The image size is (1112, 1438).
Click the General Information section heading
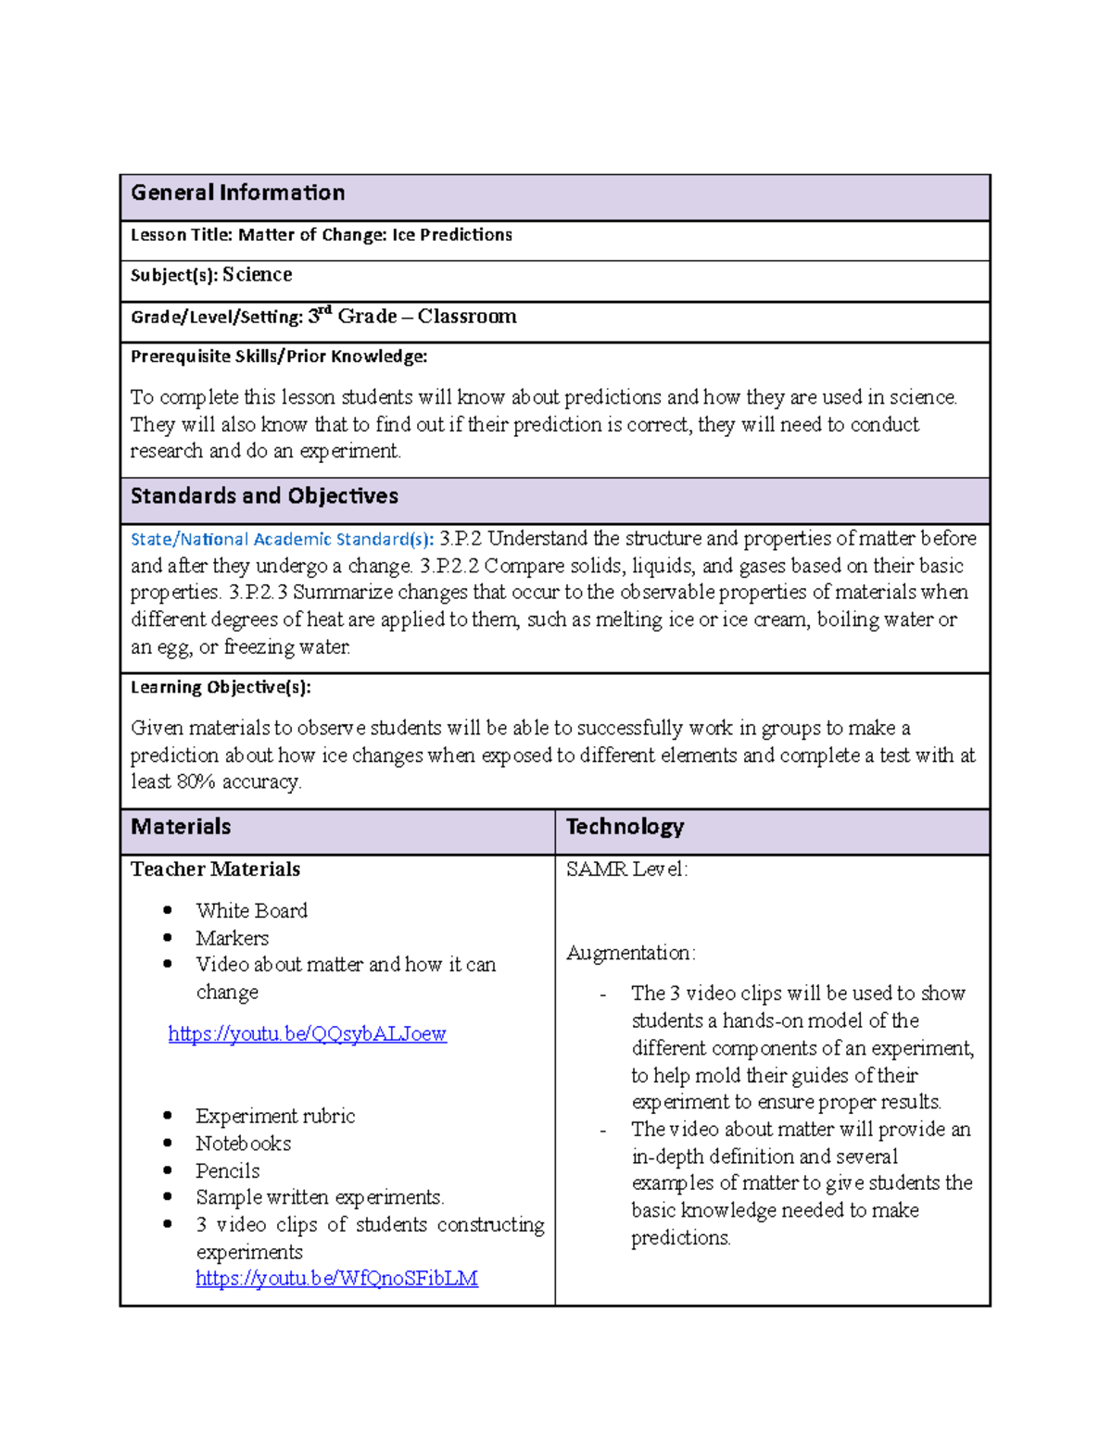[x=237, y=193]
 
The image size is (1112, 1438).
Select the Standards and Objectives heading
[x=264, y=496]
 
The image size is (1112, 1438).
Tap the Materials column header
[x=181, y=827]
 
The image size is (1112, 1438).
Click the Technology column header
[x=625, y=827]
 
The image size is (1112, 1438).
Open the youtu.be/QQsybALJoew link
[x=307, y=1033]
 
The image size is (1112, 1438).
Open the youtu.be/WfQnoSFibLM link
[x=336, y=1279]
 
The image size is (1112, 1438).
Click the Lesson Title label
[x=182, y=235]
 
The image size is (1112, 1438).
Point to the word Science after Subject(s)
[x=257, y=275]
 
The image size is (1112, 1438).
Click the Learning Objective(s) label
[x=221, y=687]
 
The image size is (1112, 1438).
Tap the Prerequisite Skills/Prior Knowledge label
[x=279, y=356]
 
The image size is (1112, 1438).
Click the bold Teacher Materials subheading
[x=215, y=869]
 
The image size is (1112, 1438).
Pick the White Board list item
[x=251, y=911]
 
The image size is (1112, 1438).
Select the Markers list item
[x=232, y=938]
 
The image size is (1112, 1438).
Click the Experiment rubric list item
[x=275, y=1117]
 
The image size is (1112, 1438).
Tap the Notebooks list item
[x=243, y=1144]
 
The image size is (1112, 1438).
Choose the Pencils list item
[x=227, y=1171]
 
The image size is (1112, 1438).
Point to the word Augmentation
[x=630, y=953]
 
